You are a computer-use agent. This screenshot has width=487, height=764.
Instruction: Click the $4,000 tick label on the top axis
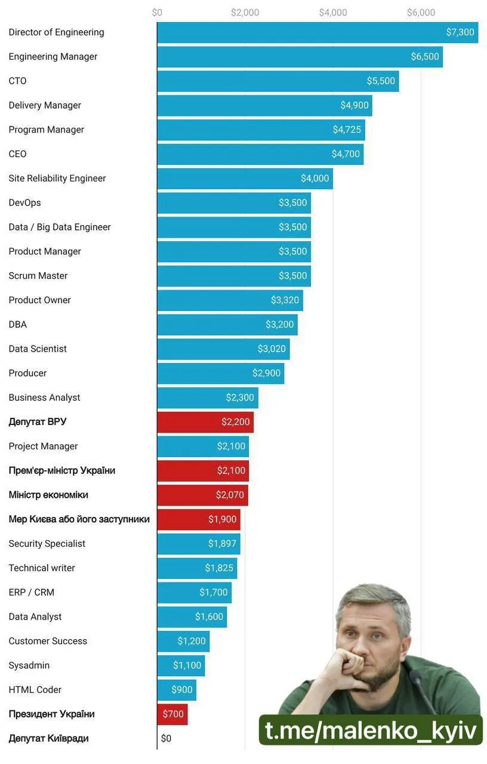[332, 13]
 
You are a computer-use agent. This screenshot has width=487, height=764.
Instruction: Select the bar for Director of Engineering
[317, 32]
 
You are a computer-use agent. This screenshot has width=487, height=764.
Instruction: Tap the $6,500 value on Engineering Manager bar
[425, 57]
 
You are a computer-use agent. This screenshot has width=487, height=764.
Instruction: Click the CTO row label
[17, 81]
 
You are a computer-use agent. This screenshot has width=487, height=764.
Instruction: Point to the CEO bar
[260, 154]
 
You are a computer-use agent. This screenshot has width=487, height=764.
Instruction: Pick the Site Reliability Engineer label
[57, 178]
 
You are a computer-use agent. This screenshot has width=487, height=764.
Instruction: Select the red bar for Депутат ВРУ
[205, 422]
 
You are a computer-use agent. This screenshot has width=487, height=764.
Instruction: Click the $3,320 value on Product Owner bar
[285, 300]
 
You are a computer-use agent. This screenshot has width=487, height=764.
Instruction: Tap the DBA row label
[17, 325]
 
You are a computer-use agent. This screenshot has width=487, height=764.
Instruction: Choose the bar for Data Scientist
[223, 349]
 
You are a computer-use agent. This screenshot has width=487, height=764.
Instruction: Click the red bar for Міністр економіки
[202, 495]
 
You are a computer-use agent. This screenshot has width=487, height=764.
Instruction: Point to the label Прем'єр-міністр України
[62, 470]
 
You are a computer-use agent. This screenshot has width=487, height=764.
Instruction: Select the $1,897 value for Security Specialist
[223, 544]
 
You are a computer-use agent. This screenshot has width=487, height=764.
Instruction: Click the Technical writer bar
[197, 568]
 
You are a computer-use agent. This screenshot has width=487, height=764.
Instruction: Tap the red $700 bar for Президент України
[172, 714]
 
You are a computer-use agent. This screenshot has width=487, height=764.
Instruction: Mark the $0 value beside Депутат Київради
[166, 739]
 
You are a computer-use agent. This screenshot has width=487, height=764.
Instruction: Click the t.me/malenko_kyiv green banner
[371, 730]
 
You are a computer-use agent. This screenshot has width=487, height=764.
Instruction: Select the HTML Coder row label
[35, 690]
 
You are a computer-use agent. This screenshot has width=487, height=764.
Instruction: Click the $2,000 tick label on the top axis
[245, 13]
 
